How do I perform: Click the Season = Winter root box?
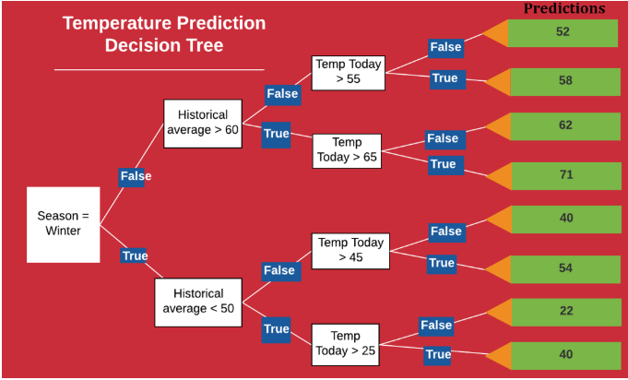pyautogui.click(x=64, y=225)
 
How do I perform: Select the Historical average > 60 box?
pyautogui.click(x=203, y=124)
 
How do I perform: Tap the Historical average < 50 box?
pyautogui.click(x=198, y=303)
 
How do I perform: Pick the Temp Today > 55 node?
pyautogui.click(x=349, y=73)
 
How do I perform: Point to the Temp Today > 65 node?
pyautogui.click(x=347, y=151)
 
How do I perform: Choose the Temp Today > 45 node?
pyautogui.click(x=350, y=251)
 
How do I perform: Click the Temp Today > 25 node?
pyautogui.click(x=345, y=345)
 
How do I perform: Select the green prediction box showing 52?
pyautogui.click(x=563, y=33)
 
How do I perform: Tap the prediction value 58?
pyautogui.click(x=565, y=80)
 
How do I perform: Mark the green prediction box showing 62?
pyautogui.click(x=565, y=126)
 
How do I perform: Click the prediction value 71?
pyautogui.click(x=566, y=174)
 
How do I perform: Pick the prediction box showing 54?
pyautogui.click(x=565, y=269)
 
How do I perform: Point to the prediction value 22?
pyautogui.click(x=566, y=311)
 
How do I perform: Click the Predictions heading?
pyautogui.click(x=564, y=8)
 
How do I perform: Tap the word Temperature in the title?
pyautogui.click(x=116, y=23)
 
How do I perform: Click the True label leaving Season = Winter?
pyautogui.click(x=134, y=255)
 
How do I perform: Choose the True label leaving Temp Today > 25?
pyautogui.click(x=438, y=355)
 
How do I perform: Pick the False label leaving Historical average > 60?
pyautogui.click(x=283, y=95)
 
